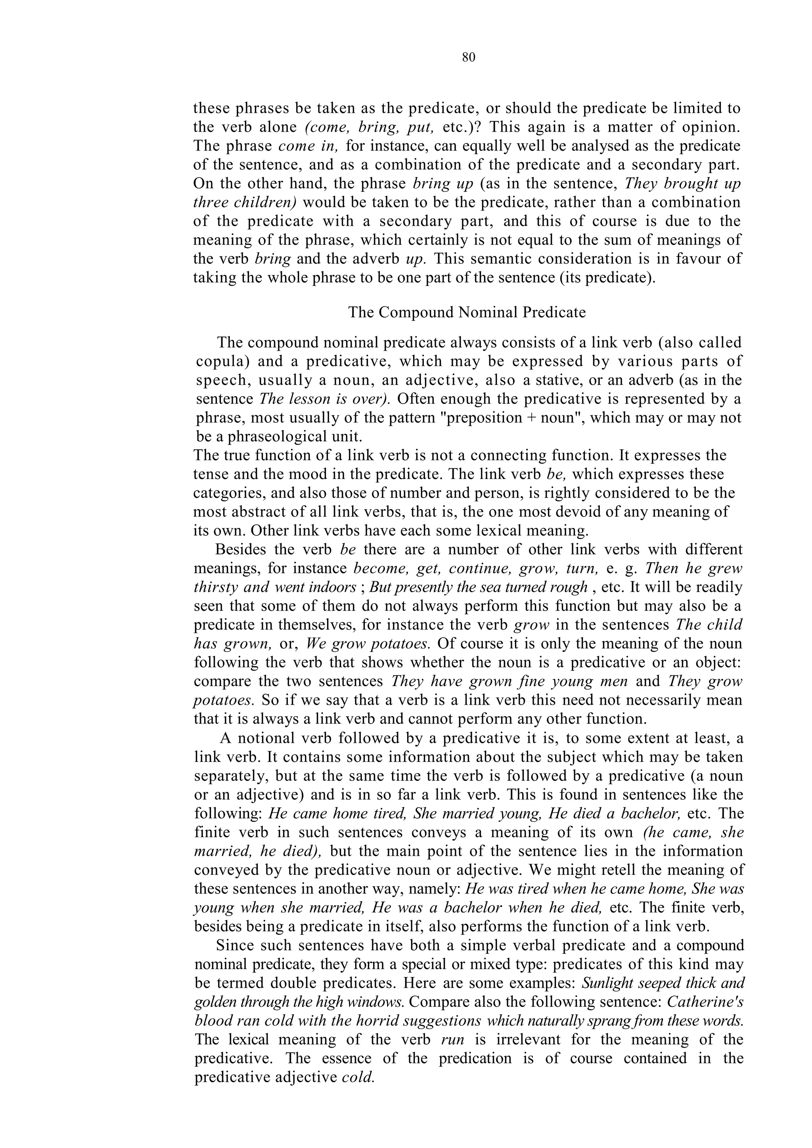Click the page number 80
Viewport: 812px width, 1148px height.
pyautogui.click(x=469, y=58)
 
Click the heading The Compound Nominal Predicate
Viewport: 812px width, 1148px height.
pyautogui.click(x=467, y=312)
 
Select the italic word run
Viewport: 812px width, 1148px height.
pyautogui.click(x=453, y=1039)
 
